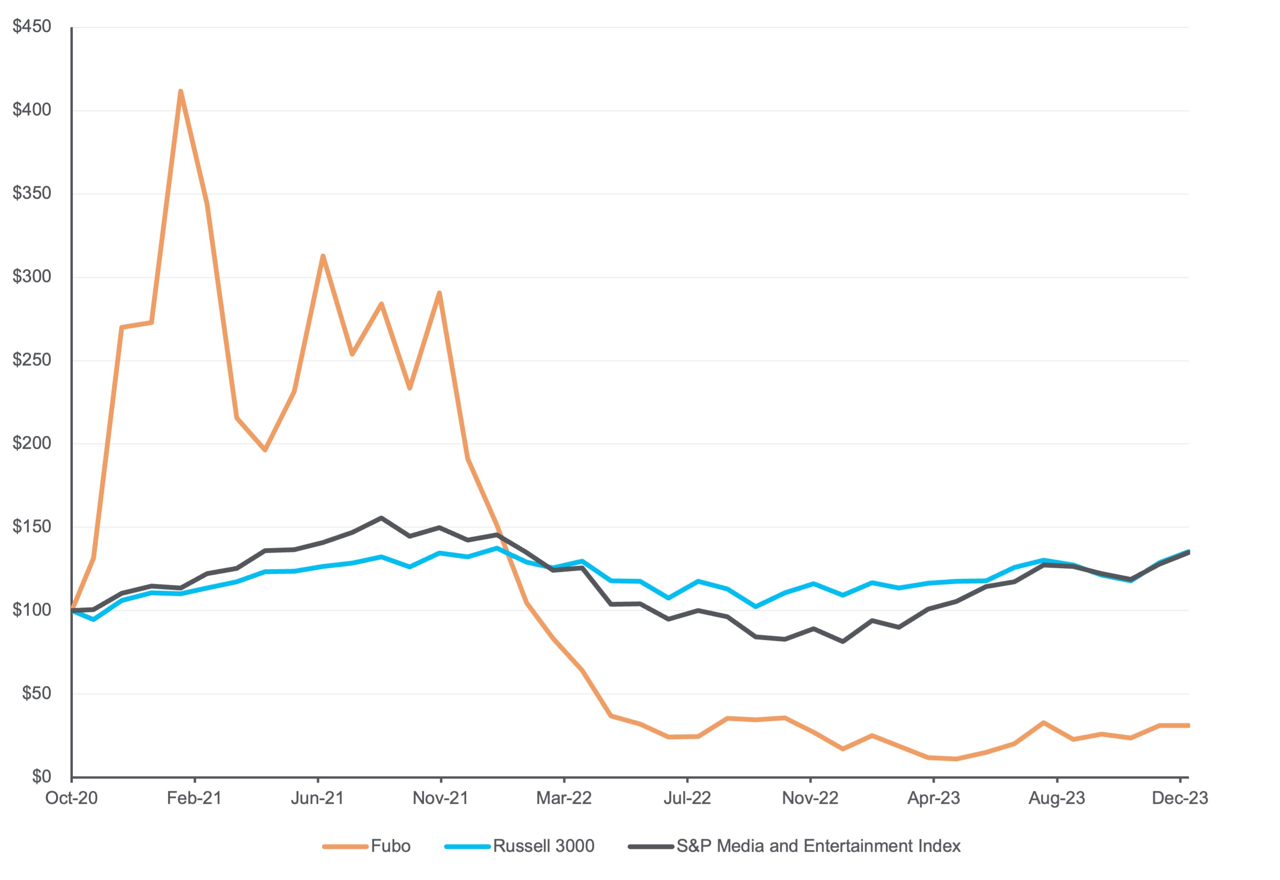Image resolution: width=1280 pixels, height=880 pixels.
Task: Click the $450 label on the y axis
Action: (32, 26)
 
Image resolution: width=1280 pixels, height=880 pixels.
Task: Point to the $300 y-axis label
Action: (32, 276)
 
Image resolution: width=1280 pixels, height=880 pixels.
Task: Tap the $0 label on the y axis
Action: (41, 777)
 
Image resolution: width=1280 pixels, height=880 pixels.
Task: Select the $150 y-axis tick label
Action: (32, 526)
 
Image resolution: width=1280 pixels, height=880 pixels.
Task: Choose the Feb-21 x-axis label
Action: (194, 799)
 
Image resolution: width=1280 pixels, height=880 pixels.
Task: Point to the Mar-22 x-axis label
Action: (563, 799)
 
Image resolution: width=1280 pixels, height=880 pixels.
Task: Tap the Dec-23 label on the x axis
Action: (1180, 799)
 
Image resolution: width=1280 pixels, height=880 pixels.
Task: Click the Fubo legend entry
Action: (390, 846)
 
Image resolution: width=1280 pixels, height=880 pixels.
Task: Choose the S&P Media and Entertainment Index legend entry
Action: (818, 846)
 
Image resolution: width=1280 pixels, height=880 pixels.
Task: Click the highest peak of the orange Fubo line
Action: (181, 91)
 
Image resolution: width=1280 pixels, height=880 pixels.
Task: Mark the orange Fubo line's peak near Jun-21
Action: (322, 256)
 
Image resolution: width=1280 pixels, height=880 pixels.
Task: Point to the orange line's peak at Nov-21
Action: (439, 293)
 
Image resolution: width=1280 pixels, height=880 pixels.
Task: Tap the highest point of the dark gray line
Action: (381, 518)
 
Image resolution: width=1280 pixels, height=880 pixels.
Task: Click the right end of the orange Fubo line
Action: (1188, 726)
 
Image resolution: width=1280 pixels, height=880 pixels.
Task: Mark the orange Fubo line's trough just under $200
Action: (265, 450)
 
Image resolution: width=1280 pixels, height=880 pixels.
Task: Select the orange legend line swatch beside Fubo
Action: (345, 846)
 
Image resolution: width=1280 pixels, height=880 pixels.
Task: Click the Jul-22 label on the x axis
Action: (687, 799)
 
